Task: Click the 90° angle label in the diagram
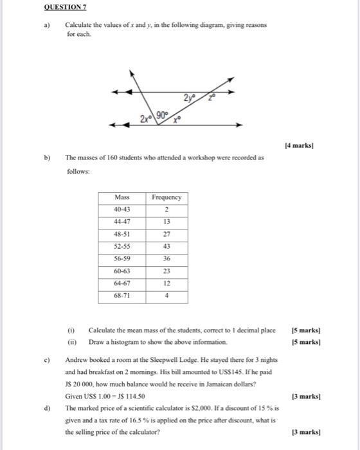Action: tap(167, 116)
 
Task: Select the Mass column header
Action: tap(122, 197)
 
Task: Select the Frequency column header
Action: tap(166, 197)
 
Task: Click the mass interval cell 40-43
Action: tap(122, 210)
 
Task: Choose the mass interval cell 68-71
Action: tap(122, 296)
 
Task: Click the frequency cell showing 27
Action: tap(166, 235)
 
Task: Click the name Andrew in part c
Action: tap(77, 359)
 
